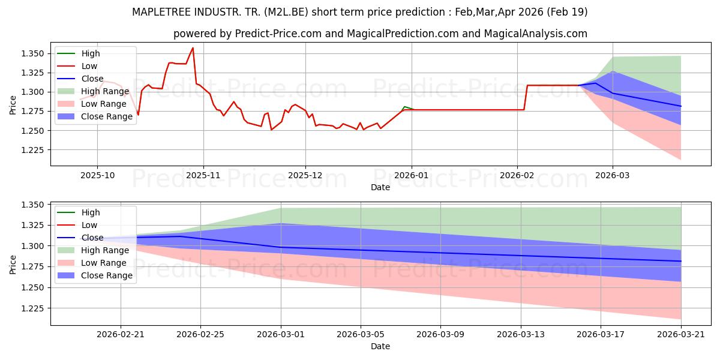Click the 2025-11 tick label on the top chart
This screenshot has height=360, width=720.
pyautogui.click(x=203, y=175)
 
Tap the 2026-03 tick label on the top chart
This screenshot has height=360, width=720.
pyautogui.click(x=612, y=175)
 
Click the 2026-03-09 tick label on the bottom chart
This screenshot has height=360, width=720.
pyautogui.click(x=440, y=334)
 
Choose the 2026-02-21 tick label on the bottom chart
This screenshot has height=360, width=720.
pyautogui.click(x=121, y=334)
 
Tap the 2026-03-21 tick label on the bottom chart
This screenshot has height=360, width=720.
pyautogui.click(x=681, y=334)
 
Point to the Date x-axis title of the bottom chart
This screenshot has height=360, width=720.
pyautogui.click(x=380, y=346)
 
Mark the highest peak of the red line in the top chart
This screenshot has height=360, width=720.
pyautogui.click(x=193, y=48)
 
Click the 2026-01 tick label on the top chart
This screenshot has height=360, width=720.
pyautogui.click(x=411, y=175)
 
